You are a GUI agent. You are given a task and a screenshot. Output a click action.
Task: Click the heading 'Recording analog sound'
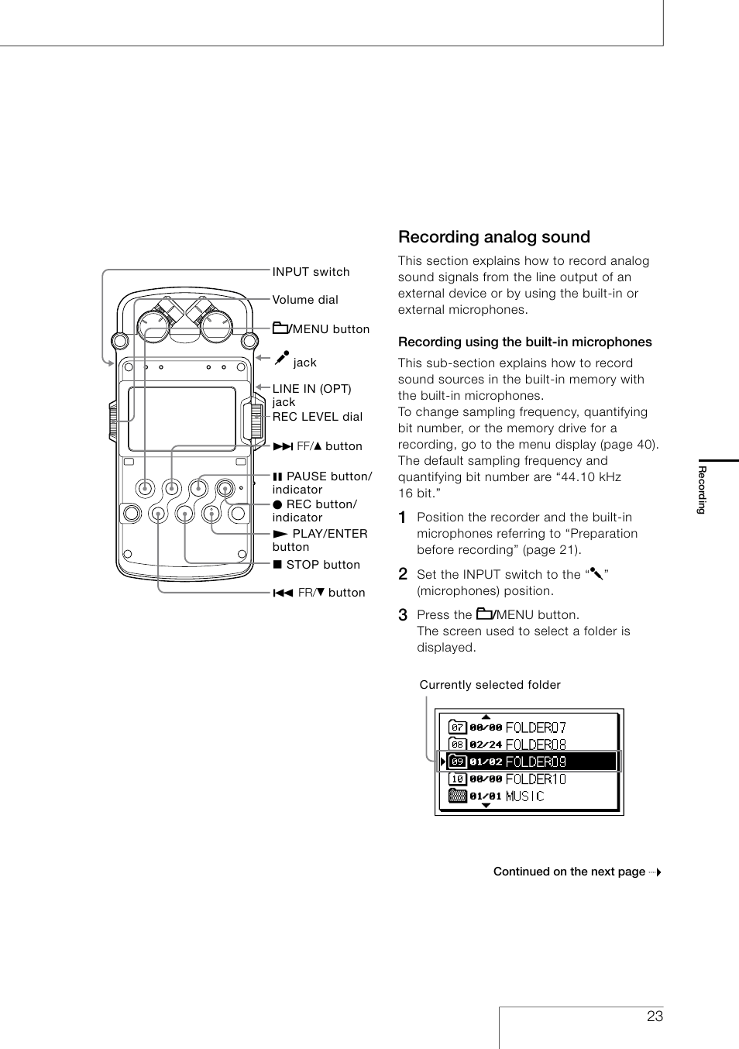(493, 237)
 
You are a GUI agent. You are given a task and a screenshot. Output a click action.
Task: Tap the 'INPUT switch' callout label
(311, 272)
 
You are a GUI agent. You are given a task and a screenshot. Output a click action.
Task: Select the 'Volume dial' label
(305, 300)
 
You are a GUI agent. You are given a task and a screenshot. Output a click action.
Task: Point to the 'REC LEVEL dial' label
(317, 417)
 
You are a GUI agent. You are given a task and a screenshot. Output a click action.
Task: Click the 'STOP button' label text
(316, 565)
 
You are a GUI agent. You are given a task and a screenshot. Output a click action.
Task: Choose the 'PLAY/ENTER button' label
(320, 540)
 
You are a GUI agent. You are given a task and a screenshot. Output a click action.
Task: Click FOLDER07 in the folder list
(534, 727)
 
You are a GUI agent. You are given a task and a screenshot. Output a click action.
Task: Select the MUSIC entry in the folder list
(524, 796)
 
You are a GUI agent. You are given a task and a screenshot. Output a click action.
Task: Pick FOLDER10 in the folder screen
(534, 779)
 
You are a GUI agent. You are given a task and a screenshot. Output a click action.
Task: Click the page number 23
(655, 1016)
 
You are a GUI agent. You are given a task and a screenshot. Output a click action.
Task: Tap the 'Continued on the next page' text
(569, 872)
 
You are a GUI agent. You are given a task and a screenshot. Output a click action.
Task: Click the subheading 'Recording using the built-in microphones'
(524, 342)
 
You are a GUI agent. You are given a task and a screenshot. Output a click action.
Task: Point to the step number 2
(403, 575)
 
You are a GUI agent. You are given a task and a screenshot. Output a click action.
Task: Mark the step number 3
(403, 615)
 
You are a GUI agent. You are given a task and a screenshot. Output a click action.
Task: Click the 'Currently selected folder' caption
(490, 685)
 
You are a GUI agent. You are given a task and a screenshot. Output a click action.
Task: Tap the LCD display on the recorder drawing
(182, 418)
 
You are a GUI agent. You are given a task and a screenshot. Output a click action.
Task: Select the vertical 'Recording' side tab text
(702, 490)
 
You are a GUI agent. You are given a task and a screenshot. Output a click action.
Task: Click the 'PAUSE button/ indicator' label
(321, 483)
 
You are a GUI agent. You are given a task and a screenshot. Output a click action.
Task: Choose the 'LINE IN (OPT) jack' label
(311, 395)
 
